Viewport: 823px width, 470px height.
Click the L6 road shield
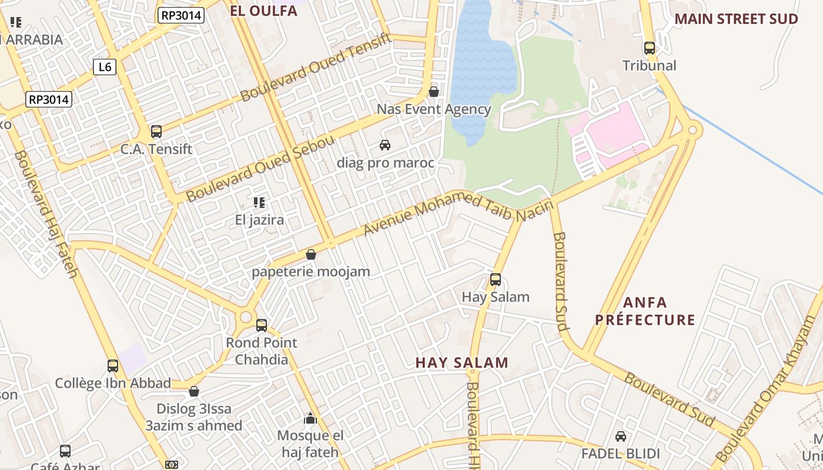pos(105,67)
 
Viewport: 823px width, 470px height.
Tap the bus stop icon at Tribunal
pos(650,48)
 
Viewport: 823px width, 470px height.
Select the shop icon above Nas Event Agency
pos(434,92)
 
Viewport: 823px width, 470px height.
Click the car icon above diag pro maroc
pos(385,145)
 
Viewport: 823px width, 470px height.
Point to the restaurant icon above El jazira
pos(259,203)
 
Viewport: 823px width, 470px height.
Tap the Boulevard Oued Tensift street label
pos(316,67)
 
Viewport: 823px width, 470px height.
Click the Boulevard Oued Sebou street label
pos(260,169)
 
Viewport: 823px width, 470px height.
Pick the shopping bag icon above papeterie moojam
pos(311,254)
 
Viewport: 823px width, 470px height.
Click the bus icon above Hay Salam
pos(496,280)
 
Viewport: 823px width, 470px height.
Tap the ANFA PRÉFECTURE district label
pos(645,311)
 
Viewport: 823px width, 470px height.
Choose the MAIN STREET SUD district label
pos(736,19)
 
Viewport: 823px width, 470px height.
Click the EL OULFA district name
pos(263,11)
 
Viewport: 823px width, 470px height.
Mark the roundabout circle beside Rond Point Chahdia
pos(246,318)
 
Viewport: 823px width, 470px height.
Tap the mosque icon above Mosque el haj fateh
pos(310,418)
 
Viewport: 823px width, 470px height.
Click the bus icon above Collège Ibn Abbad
pos(113,366)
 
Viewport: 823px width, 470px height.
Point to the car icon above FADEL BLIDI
pos(620,437)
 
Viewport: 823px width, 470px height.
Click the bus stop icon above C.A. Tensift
pos(156,132)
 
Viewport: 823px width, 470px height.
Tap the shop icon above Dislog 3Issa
pos(194,391)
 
